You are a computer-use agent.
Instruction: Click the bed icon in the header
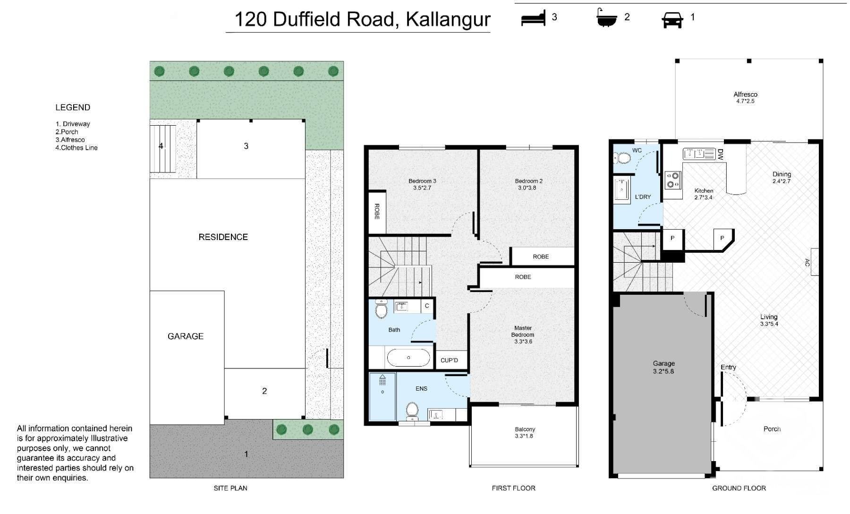(x=533, y=18)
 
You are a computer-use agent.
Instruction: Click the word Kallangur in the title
(x=448, y=19)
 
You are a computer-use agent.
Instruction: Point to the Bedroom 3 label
(x=422, y=184)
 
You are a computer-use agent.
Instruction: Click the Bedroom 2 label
(x=528, y=184)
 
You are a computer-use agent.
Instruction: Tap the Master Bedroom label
(x=523, y=334)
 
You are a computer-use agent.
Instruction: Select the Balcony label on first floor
(x=525, y=433)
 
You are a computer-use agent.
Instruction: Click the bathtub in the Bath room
(x=408, y=358)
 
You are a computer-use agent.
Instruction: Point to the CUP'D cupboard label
(x=449, y=360)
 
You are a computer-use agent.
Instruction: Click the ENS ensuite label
(x=421, y=389)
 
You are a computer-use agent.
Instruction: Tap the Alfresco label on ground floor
(x=745, y=98)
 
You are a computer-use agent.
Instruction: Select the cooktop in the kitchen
(x=673, y=180)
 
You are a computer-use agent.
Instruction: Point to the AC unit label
(x=807, y=263)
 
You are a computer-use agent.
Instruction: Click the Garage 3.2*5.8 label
(x=663, y=367)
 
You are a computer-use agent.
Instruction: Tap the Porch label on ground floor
(x=772, y=429)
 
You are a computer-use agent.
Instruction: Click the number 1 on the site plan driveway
(x=246, y=454)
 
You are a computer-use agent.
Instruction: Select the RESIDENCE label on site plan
(x=223, y=237)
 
